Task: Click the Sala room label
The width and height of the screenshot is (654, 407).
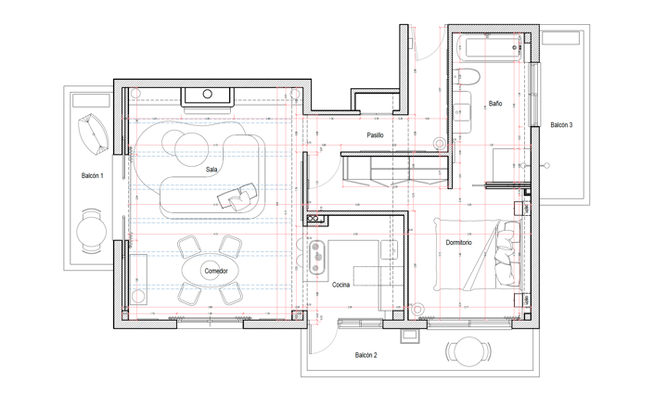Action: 212,170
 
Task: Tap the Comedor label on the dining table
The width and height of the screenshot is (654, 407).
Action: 215,271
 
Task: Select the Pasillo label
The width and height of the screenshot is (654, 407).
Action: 374,135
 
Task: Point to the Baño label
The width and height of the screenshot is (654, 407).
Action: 495,104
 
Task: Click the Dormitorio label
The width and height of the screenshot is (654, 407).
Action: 458,243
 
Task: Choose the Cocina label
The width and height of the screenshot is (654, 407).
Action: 340,285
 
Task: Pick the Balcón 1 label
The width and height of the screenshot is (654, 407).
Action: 91,175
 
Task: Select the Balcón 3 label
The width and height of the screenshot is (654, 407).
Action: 561,124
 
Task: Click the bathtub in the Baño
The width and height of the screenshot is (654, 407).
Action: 489,48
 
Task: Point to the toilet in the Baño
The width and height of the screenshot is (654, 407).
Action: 468,78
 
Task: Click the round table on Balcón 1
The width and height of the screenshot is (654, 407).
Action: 91,230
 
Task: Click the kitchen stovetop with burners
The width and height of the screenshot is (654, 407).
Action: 315,253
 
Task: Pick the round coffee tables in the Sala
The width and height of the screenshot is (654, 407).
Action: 182,145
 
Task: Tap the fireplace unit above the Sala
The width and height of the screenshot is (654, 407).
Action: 208,95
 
